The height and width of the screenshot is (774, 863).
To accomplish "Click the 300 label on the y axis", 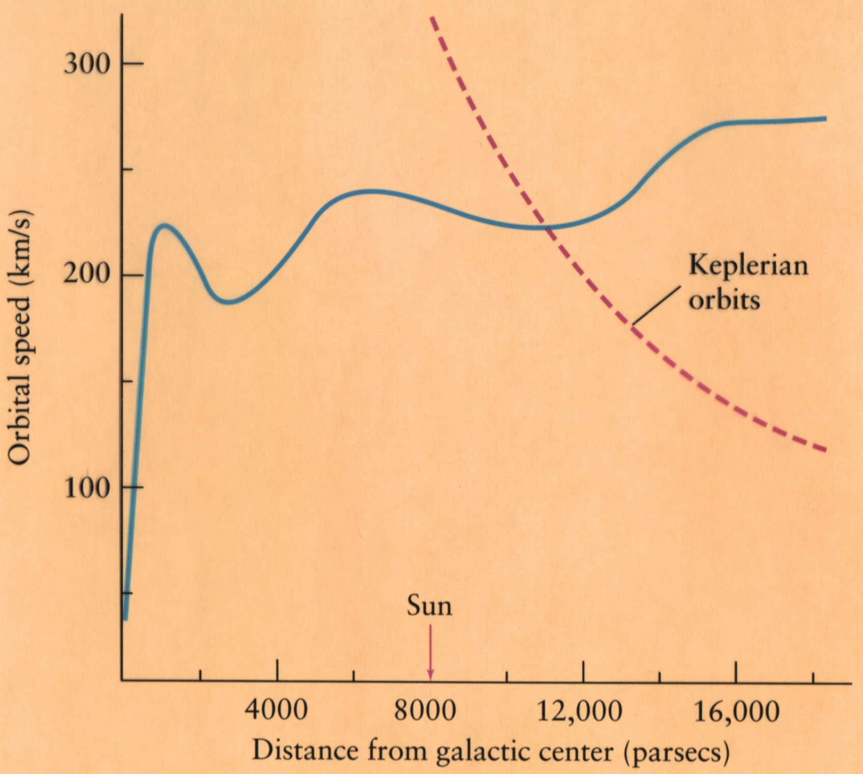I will (x=87, y=64).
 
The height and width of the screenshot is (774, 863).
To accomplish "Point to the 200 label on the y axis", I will (x=87, y=275).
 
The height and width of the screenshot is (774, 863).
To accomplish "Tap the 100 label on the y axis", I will (x=87, y=487).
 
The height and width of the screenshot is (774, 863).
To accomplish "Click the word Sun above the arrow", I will (x=429, y=606).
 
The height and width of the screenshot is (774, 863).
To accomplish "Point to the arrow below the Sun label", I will (x=430, y=652).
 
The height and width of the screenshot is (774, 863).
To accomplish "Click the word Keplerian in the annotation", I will (x=748, y=266).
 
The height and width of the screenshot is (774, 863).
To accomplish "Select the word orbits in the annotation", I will (x=724, y=300).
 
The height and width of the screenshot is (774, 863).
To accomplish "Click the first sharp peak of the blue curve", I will (x=163, y=225).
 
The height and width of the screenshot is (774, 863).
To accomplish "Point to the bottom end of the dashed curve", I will (x=824, y=450).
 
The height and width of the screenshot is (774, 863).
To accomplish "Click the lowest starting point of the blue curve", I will (x=125, y=619).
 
